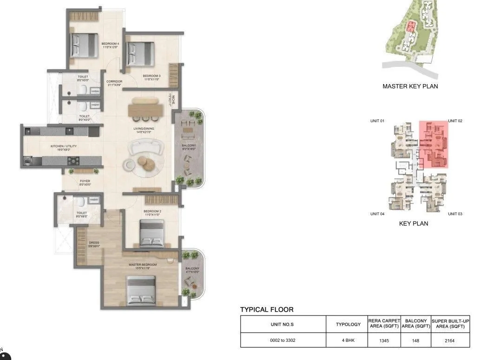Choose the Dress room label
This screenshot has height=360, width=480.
tap(93, 243)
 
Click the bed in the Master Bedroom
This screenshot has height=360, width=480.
tap(140, 290)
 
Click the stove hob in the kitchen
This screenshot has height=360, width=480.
tap(74, 161)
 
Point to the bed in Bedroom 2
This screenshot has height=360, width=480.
tap(151, 233)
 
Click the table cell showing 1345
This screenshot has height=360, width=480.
tap(384, 340)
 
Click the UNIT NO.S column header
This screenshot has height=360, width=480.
tap(283, 324)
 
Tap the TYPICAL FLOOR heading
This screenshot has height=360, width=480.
tap(267, 309)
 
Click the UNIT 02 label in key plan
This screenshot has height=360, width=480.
tap(455, 121)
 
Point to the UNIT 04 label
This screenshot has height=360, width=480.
tap(377, 214)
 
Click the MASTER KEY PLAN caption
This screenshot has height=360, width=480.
tap(410, 86)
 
